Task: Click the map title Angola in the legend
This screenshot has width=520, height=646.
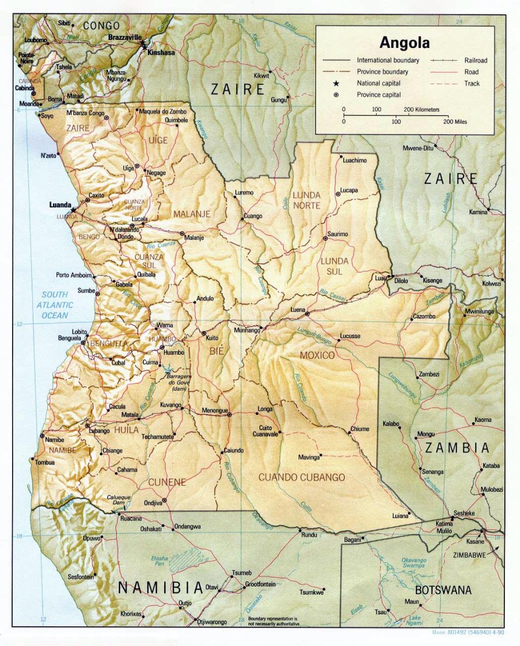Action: pos(404,43)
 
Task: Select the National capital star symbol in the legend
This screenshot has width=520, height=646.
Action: pos(335,83)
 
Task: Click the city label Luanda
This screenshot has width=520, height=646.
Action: pos(60,205)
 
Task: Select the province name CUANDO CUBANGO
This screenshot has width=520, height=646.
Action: pos(302,477)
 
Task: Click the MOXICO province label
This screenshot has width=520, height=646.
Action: pos(317,355)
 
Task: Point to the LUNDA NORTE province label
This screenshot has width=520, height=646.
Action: pos(306,200)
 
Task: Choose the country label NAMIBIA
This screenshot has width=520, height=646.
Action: pos(161,588)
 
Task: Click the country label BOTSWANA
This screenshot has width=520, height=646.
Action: pos(443,590)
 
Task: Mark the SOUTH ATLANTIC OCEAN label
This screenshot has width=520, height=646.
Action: pos(57,305)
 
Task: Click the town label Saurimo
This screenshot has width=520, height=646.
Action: pos(337,234)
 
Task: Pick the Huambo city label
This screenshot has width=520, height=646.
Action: pos(173,352)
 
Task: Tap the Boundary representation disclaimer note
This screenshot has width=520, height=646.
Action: pos(274,622)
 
